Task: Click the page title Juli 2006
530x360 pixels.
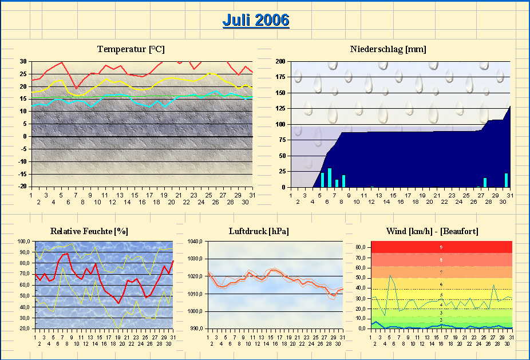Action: [x=255, y=20]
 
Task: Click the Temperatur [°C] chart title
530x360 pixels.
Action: [x=131, y=49]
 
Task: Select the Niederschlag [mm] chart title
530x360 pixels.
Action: [x=388, y=49]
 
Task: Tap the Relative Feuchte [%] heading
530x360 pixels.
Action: [x=89, y=231]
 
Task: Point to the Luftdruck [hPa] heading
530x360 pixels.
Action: [x=258, y=231]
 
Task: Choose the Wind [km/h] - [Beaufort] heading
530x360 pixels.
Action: [x=433, y=231]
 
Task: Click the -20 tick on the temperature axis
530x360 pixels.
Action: [x=22, y=187]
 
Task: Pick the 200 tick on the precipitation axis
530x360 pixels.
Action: [x=280, y=61]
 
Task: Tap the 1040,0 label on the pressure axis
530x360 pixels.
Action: [x=196, y=242]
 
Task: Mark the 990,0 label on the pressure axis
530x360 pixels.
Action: [x=196, y=329]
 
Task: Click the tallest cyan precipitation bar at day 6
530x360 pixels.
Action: [x=330, y=177]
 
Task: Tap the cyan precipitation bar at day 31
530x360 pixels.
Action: [x=506, y=180]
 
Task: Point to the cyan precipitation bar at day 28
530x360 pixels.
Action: [x=485, y=183]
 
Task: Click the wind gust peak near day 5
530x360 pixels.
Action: [x=391, y=276]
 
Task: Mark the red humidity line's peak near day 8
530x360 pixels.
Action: [x=66, y=254]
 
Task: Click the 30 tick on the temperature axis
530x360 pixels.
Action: [x=23, y=61]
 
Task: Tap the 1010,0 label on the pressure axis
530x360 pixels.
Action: [x=196, y=294]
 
